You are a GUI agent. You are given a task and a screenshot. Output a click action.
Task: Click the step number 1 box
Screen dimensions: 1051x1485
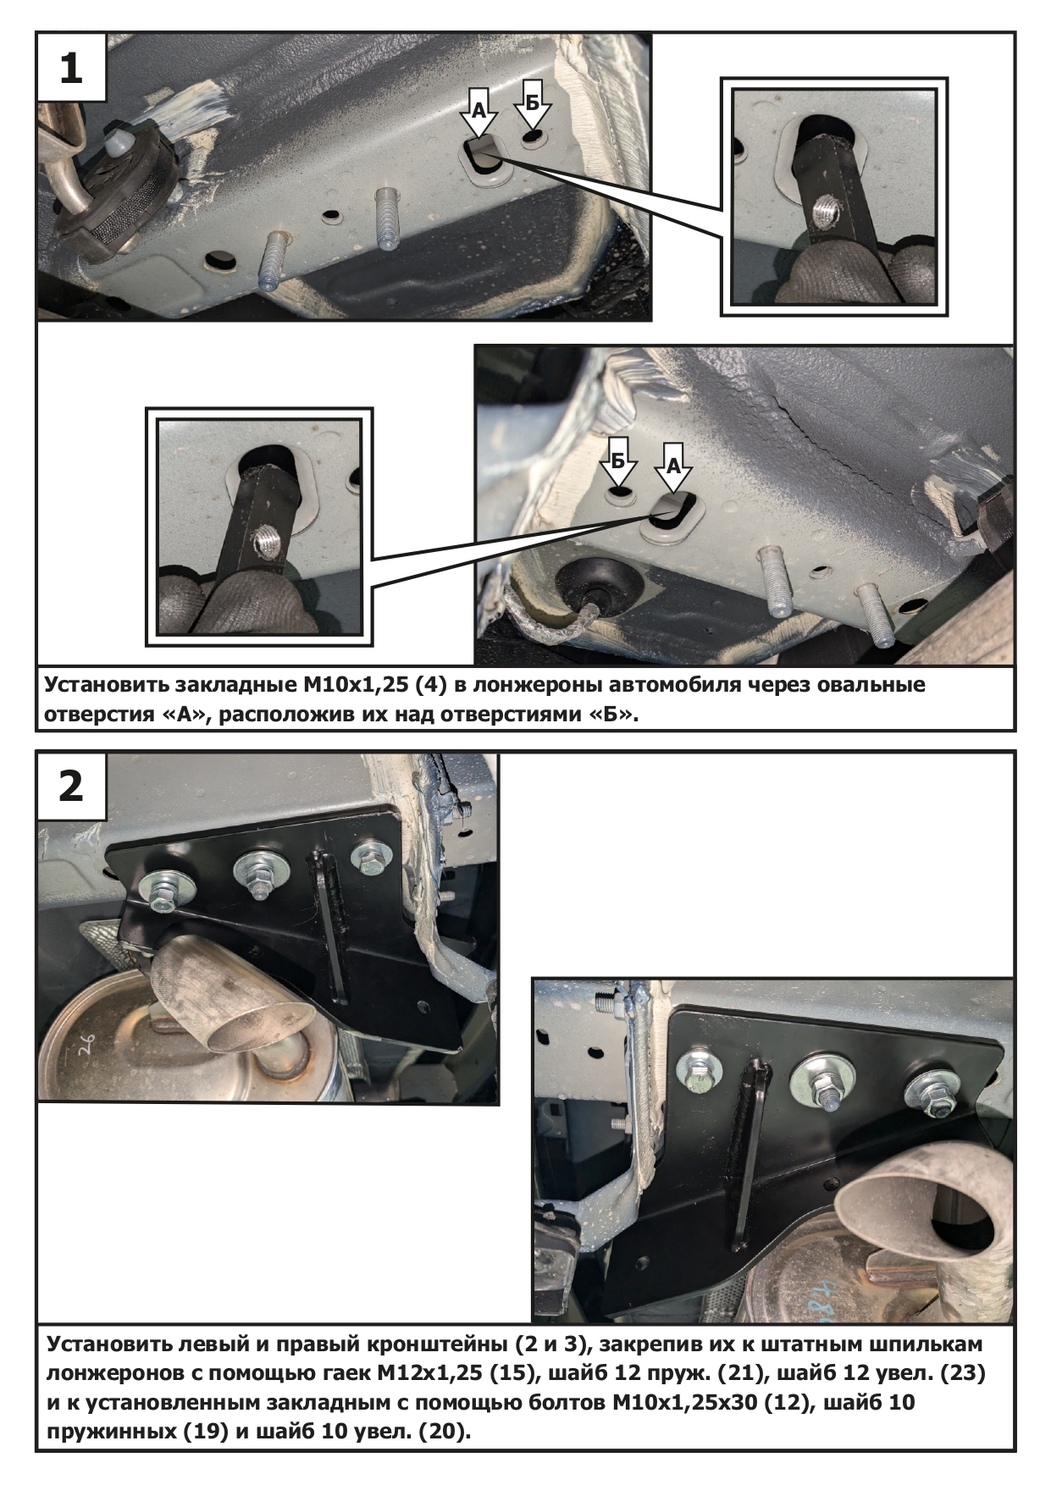point(71,68)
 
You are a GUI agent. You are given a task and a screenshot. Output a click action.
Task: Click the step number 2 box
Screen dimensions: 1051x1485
point(71,787)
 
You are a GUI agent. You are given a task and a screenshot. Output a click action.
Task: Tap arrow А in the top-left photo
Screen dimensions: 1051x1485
point(479,112)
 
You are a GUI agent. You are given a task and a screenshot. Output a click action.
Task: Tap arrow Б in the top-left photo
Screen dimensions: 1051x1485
point(532,104)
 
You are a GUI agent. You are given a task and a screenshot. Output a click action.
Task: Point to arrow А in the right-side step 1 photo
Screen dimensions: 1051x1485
point(674,466)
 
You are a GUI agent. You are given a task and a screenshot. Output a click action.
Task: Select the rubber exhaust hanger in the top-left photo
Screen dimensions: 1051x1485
point(119,195)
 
